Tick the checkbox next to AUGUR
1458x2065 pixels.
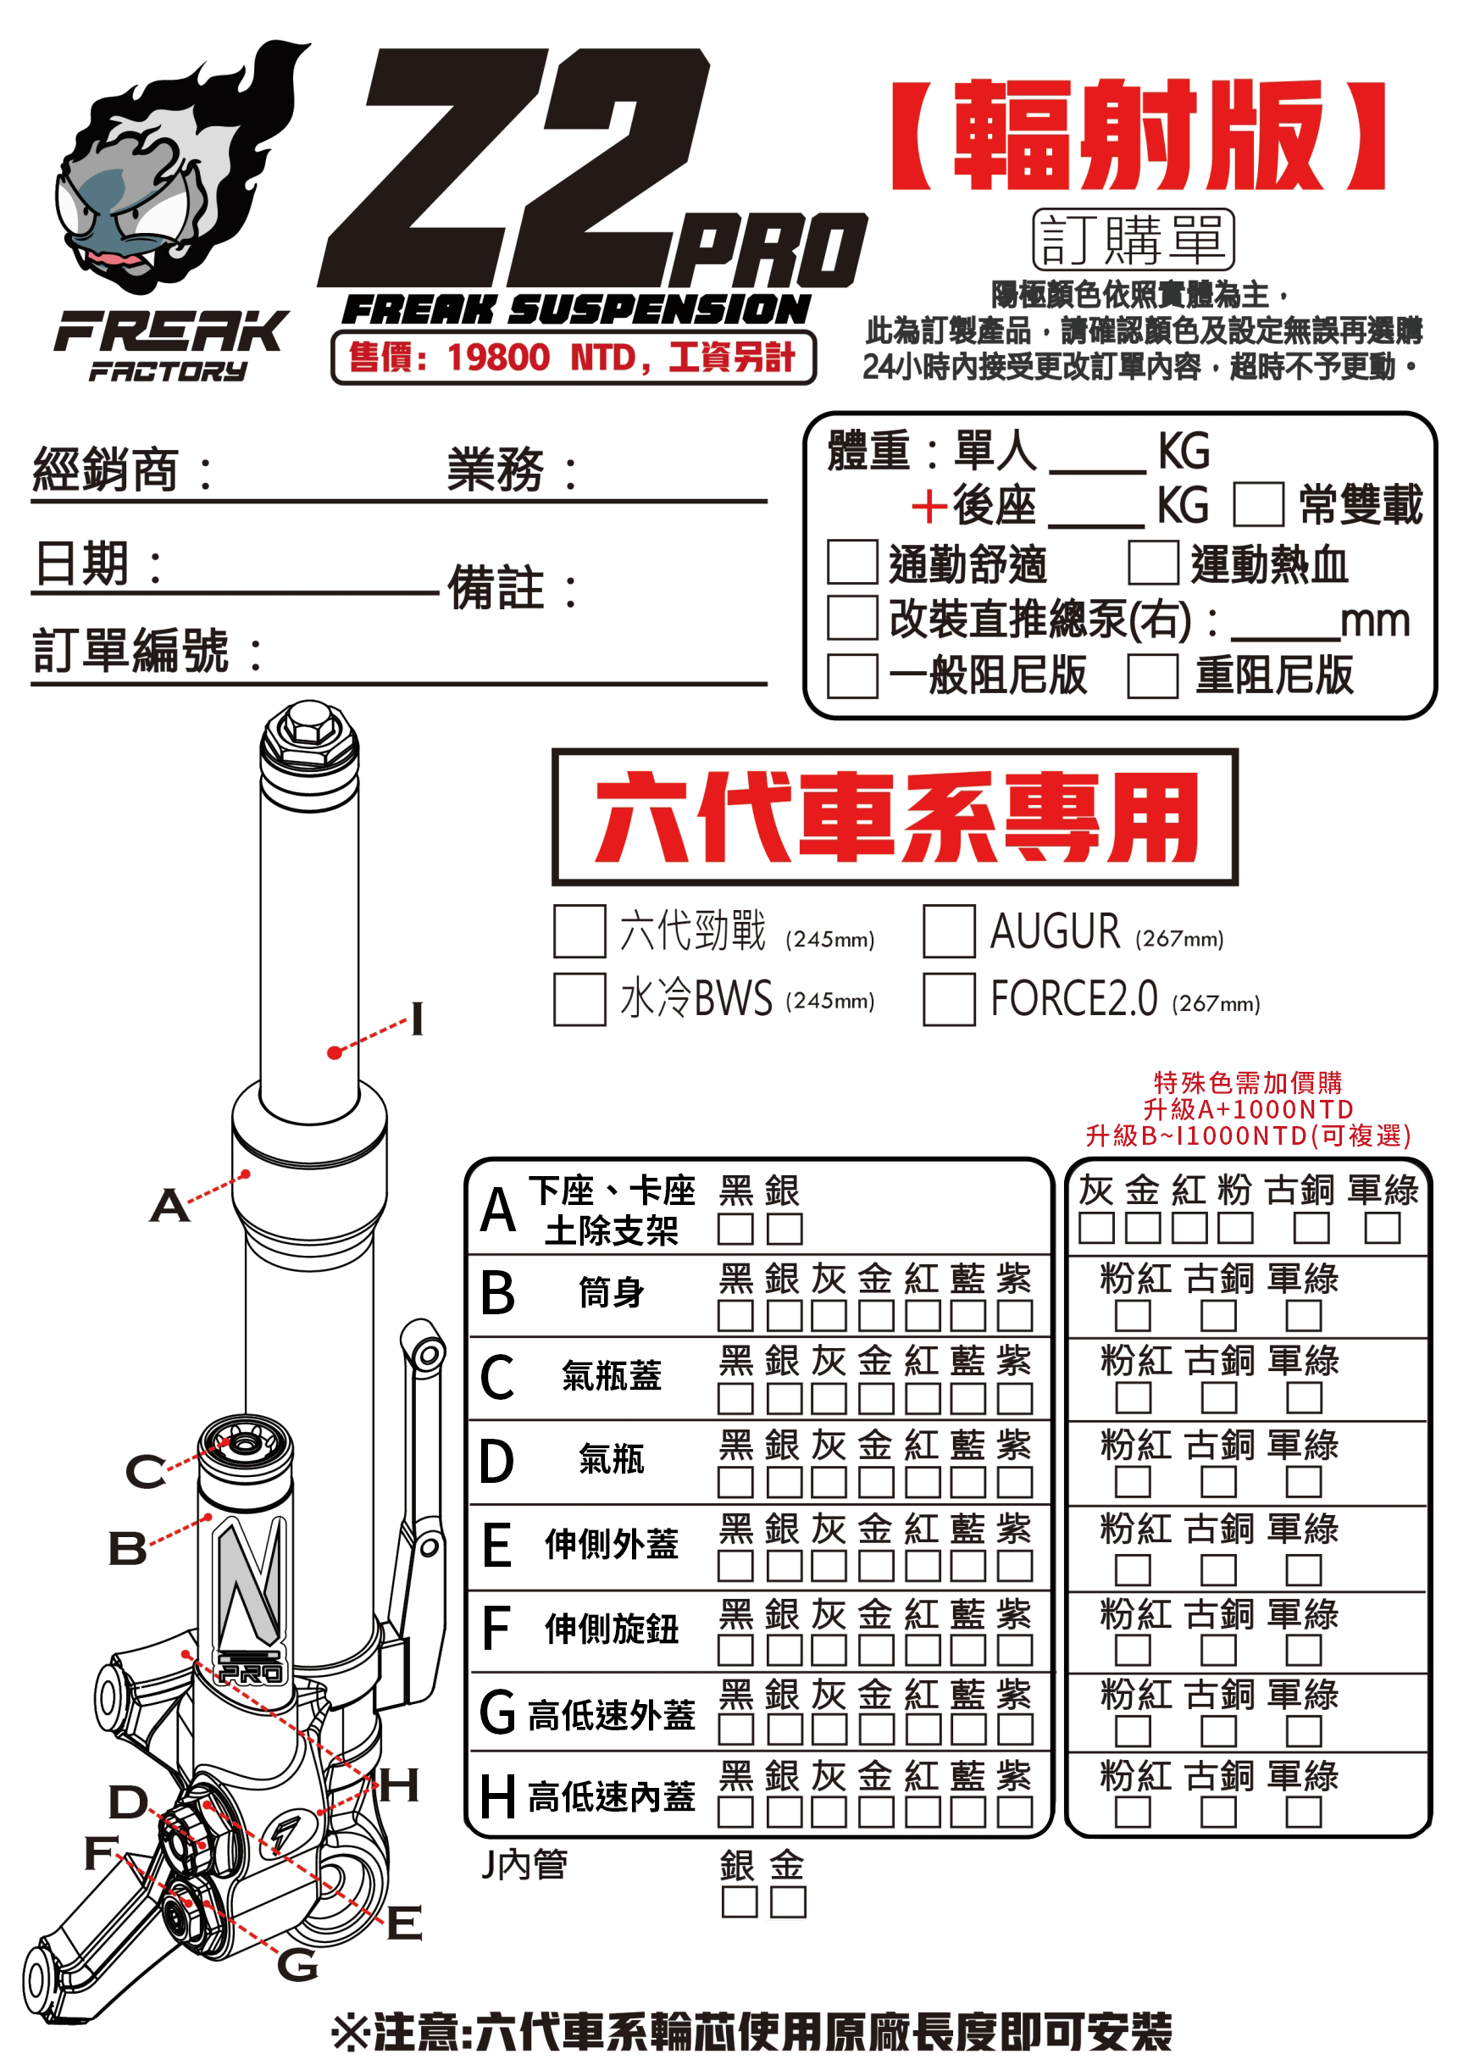coord(948,931)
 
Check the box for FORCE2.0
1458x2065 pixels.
coord(948,998)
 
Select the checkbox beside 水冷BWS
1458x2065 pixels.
coord(579,998)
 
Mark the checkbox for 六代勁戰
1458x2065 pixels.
coord(579,931)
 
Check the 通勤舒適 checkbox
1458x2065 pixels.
coord(851,562)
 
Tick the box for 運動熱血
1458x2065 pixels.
coord(1152,562)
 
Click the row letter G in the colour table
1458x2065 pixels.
coord(497,1713)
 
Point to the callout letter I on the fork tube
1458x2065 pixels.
coord(417,1019)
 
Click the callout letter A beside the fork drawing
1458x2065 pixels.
coord(169,1206)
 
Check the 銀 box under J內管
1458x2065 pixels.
coord(739,1902)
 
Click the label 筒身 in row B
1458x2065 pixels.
coord(611,1293)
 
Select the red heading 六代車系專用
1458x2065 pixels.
coord(895,817)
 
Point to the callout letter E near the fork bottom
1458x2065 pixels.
coord(404,1923)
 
